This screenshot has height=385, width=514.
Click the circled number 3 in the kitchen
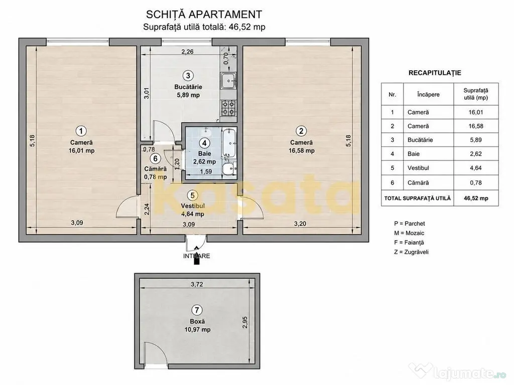(x=188, y=76)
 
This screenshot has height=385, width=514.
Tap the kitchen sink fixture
(x=228, y=81)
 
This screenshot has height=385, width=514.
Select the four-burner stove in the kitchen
(x=228, y=108)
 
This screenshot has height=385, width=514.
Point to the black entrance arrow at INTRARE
(x=196, y=255)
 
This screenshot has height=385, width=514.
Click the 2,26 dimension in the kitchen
(x=188, y=52)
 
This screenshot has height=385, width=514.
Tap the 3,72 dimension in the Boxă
(x=197, y=284)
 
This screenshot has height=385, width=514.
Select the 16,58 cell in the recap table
(x=476, y=126)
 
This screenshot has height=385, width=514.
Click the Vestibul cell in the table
(x=418, y=168)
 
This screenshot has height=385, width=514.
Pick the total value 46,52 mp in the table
(x=476, y=198)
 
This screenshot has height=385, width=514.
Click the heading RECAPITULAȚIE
(x=435, y=73)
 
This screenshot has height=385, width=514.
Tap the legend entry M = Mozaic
(x=409, y=233)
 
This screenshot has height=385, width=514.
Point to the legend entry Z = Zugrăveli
(x=412, y=252)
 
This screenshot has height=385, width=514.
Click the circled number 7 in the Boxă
(x=197, y=310)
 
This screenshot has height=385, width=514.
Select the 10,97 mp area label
(x=197, y=330)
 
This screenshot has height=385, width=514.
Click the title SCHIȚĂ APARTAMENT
(x=204, y=15)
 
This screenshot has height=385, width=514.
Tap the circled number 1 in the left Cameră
(x=81, y=131)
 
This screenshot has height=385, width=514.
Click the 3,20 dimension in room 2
(x=300, y=224)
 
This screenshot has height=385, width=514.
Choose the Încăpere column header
(x=428, y=94)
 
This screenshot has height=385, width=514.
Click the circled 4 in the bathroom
(x=205, y=143)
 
